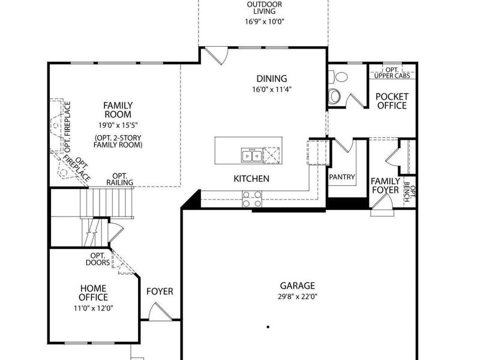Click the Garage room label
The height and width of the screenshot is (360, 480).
[x=297, y=286]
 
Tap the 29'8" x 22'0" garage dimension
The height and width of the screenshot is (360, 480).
[x=297, y=296]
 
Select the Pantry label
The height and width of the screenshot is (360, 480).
[x=342, y=176]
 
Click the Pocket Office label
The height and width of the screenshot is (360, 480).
[x=392, y=101]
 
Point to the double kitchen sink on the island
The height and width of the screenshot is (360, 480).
[x=252, y=155]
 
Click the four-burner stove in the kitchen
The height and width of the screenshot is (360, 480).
[x=252, y=199]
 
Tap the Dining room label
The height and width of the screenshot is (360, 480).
[x=272, y=79]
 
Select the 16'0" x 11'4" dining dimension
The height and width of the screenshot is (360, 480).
[x=272, y=89]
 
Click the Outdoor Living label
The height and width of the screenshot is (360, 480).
[x=265, y=8]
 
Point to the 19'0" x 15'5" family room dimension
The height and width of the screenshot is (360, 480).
[x=118, y=125]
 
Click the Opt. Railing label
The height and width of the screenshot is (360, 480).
[x=119, y=179]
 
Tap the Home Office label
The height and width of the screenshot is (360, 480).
[x=94, y=293]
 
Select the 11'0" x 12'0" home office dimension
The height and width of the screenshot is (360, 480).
[x=94, y=308]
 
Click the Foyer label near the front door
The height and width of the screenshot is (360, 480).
[x=160, y=291]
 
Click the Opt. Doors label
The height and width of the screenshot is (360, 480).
[x=98, y=259]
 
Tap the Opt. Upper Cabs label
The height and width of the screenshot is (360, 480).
[x=392, y=73]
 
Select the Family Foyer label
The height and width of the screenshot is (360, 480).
[x=385, y=185]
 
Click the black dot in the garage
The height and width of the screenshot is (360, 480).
[x=268, y=327]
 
